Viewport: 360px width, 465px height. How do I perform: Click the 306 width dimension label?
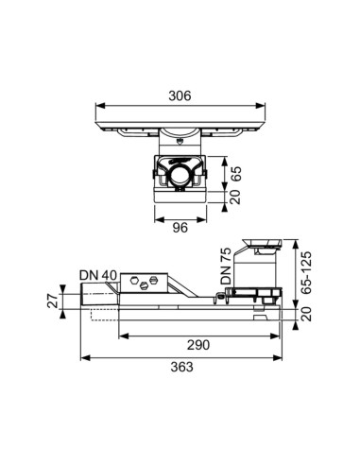coord(180,95)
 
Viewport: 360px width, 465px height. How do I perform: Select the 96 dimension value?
coord(180,228)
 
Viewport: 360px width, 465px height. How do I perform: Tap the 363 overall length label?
coord(181,367)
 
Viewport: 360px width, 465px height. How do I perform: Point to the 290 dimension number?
coord(198,345)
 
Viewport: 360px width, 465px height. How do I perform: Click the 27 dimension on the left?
coord(53,301)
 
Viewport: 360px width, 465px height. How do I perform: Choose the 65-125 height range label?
coord(305,272)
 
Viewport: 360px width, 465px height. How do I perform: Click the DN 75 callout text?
coord(226,267)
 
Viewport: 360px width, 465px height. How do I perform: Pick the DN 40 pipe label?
coord(98,275)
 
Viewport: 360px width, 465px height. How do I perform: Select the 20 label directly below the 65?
coord(235,197)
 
